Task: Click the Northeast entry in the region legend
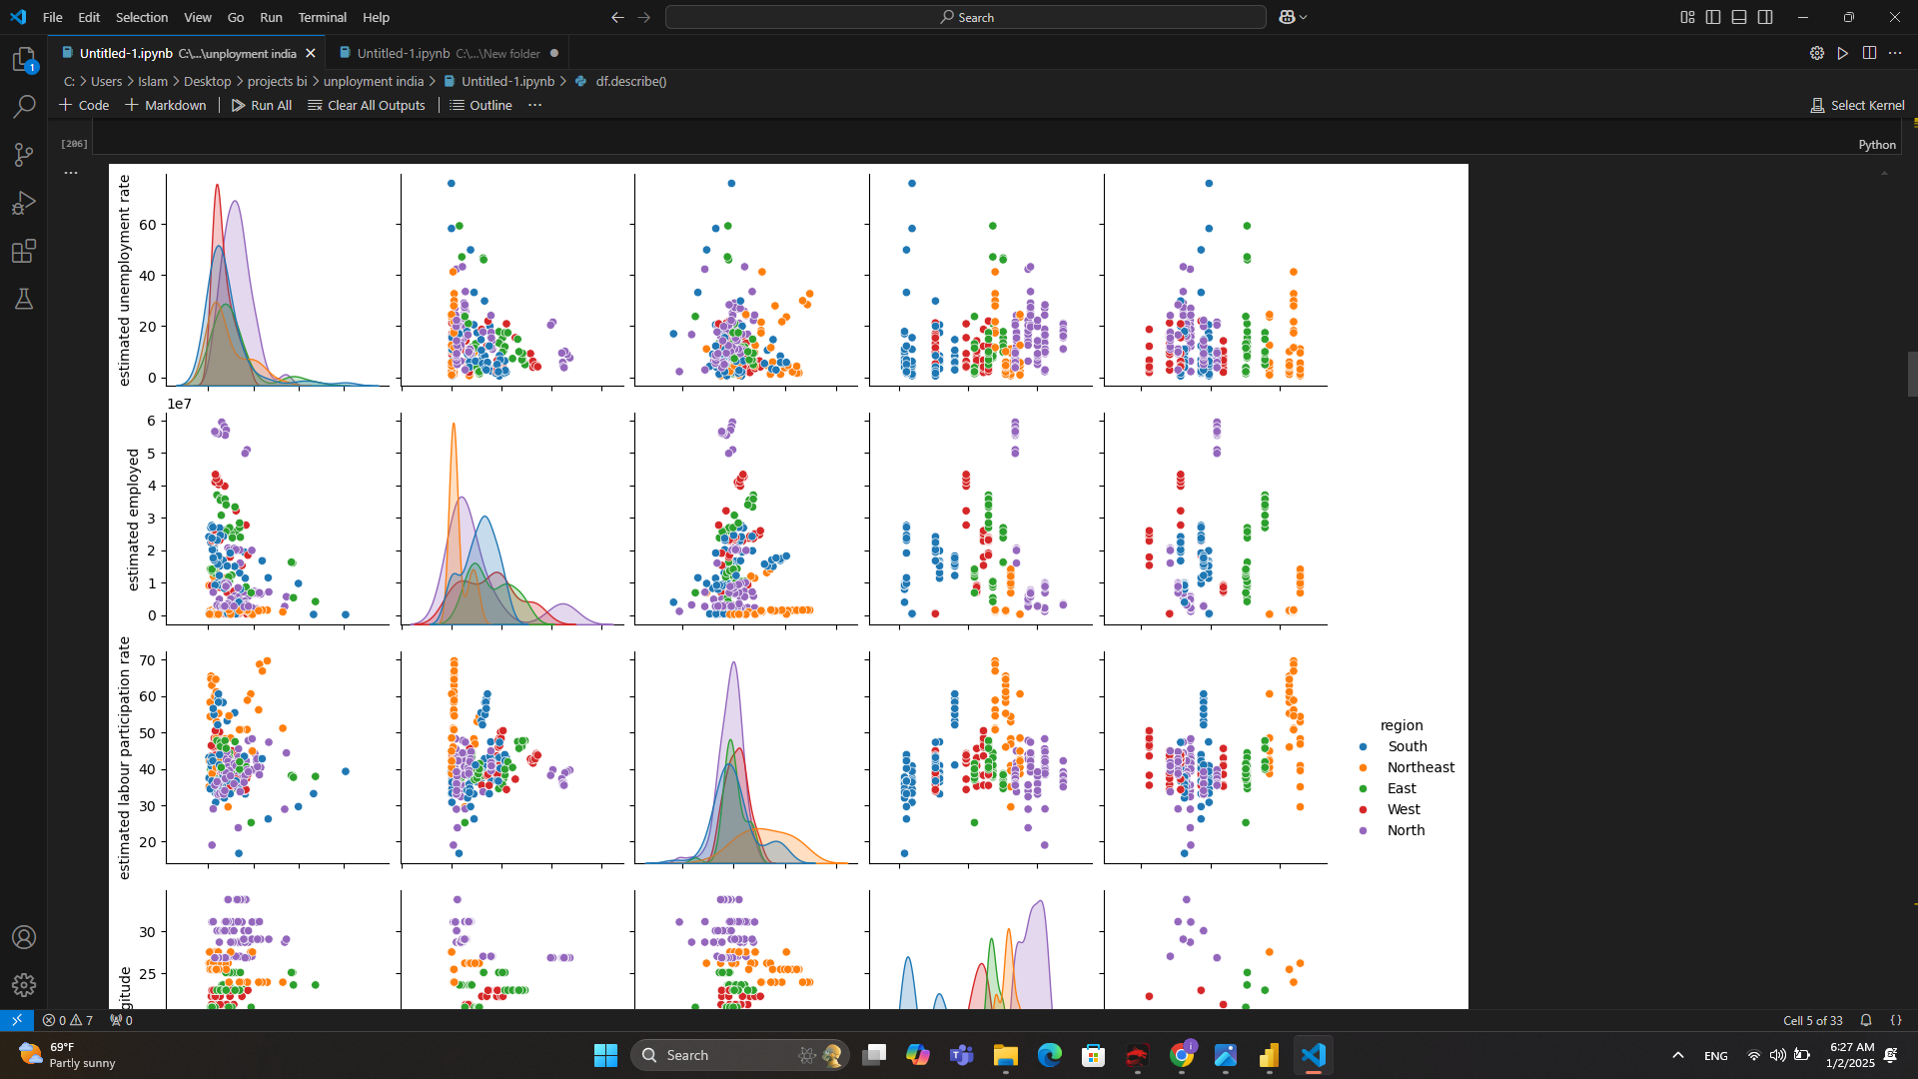pyautogui.click(x=1420, y=767)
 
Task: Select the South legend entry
pyautogui.click(x=1407, y=746)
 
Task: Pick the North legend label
pyautogui.click(x=1406, y=830)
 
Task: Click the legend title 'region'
pyautogui.click(x=1402, y=725)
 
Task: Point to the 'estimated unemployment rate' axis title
pyautogui.click(x=124, y=281)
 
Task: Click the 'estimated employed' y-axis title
pyautogui.click(x=133, y=520)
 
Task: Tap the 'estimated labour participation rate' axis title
pyautogui.click(x=124, y=758)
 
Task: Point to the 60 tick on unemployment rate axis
pyautogui.click(x=148, y=225)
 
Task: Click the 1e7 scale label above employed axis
pyautogui.click(x=179, y=404)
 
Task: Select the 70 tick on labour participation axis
pyautogui.click(x=148, y=660)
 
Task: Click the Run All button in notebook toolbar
pyautogui.click(x=262, y=105)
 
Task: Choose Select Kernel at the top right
pyautogui.click(x=1857, y=105)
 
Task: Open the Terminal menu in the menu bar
pyautogui.click(x=322, y=17)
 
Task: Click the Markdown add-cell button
pyautogui.click(x=166, y=105)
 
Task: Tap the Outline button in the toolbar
pyautogui.click(x=481, y=105)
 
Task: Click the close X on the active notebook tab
pyautogui.click(x=311, y=53)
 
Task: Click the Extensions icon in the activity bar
pyautogui.click(x=24, y=251)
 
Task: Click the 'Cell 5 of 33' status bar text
pyautogui.click(x=1812, y=1020)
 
